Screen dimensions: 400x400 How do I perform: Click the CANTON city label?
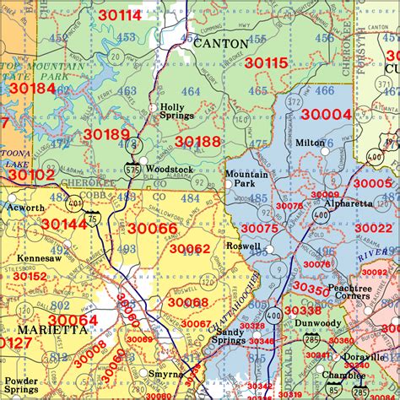point(222,42)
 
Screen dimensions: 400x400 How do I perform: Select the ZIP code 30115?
point(266,62)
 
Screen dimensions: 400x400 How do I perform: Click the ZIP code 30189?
point(106,134)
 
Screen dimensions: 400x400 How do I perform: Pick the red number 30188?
point(197,141)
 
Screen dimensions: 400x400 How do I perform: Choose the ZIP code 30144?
point(63,224)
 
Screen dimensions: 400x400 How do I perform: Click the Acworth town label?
point(24,208)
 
